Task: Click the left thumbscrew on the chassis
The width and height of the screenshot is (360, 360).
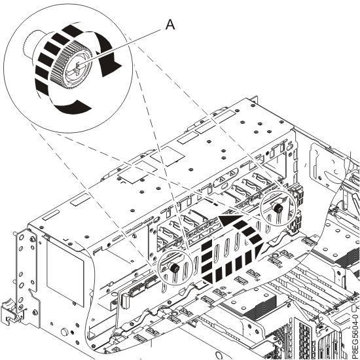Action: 175,269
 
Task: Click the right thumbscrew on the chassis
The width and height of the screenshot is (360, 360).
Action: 277,208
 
